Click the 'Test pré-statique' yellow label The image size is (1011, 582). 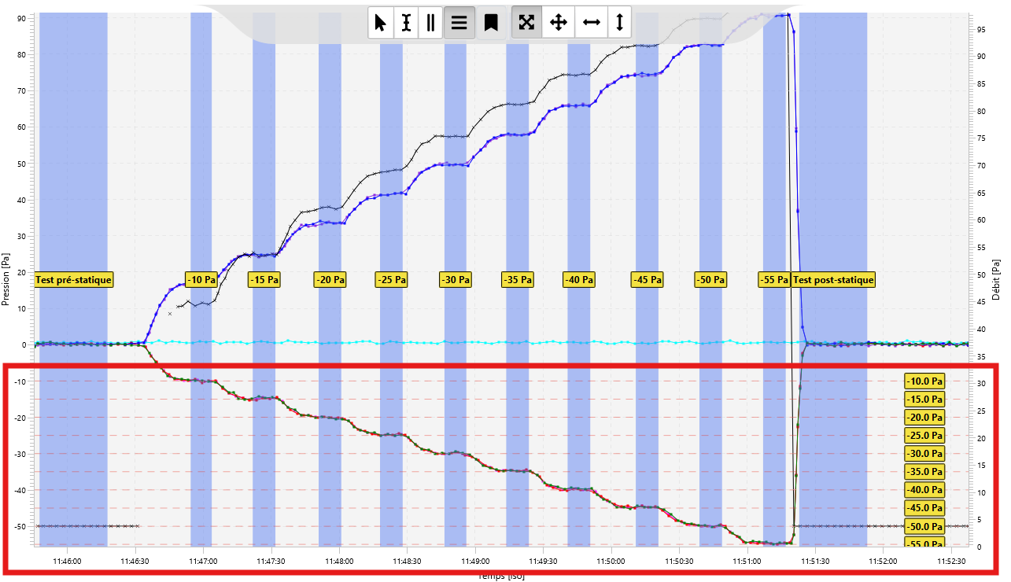(x=74, y=279)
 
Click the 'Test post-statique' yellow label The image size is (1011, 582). (x=833, y=279)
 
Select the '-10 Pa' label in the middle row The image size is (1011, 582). (x=201, y=279)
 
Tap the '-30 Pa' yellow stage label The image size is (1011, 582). (x=456, y=279)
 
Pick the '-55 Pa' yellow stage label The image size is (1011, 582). (x=774, y=279)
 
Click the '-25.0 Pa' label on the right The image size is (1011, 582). (x=924, y=436)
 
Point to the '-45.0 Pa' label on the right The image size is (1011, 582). (x=924, y=508)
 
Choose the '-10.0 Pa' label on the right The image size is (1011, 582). (x=924, y=381)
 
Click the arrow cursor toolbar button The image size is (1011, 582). (x=381, y=23)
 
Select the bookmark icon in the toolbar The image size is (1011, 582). (x=491, y=23)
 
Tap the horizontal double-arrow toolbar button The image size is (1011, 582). (x=591, y=23)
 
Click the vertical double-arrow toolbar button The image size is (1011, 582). (x=619, y=23)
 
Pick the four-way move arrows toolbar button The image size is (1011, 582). (x=558, y=23)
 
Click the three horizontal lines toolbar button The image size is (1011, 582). (x=459, y=23)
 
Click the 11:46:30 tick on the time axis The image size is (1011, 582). (x=135, y=562)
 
